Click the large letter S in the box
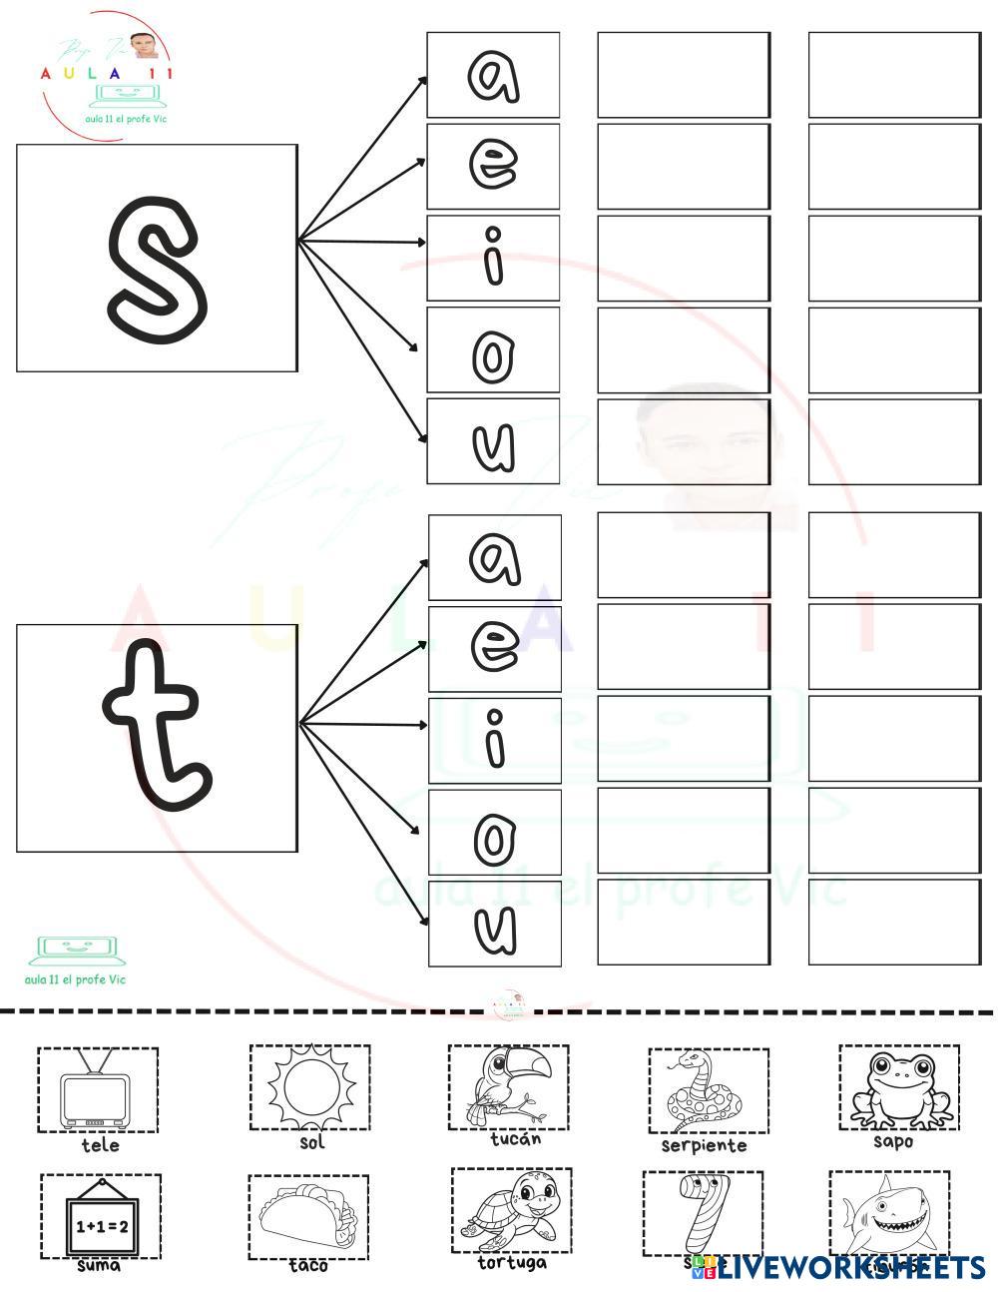point(157,258)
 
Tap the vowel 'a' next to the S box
point(493,76)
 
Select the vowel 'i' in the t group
point(494,740)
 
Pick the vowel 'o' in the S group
point(493,350)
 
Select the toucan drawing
point(508,1086)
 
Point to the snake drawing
point(707,1090)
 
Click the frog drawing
point(899,1087)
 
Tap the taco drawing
point(307,1216)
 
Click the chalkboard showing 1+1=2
point(101,1218)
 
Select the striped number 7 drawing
point(702,1212)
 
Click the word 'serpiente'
point(704,1146)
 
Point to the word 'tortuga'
point(512,1263)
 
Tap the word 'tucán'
point(516,1139)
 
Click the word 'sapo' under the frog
point(893,1141)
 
